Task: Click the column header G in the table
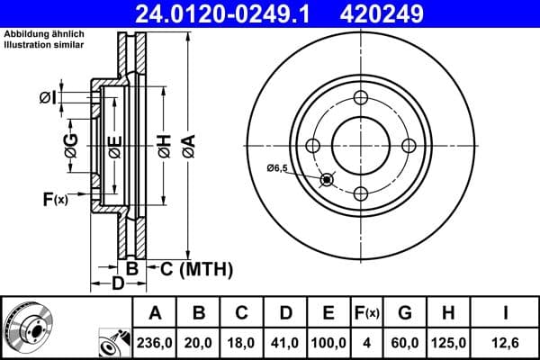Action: tap(406, 313)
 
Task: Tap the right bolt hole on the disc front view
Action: tap(409, 146)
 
